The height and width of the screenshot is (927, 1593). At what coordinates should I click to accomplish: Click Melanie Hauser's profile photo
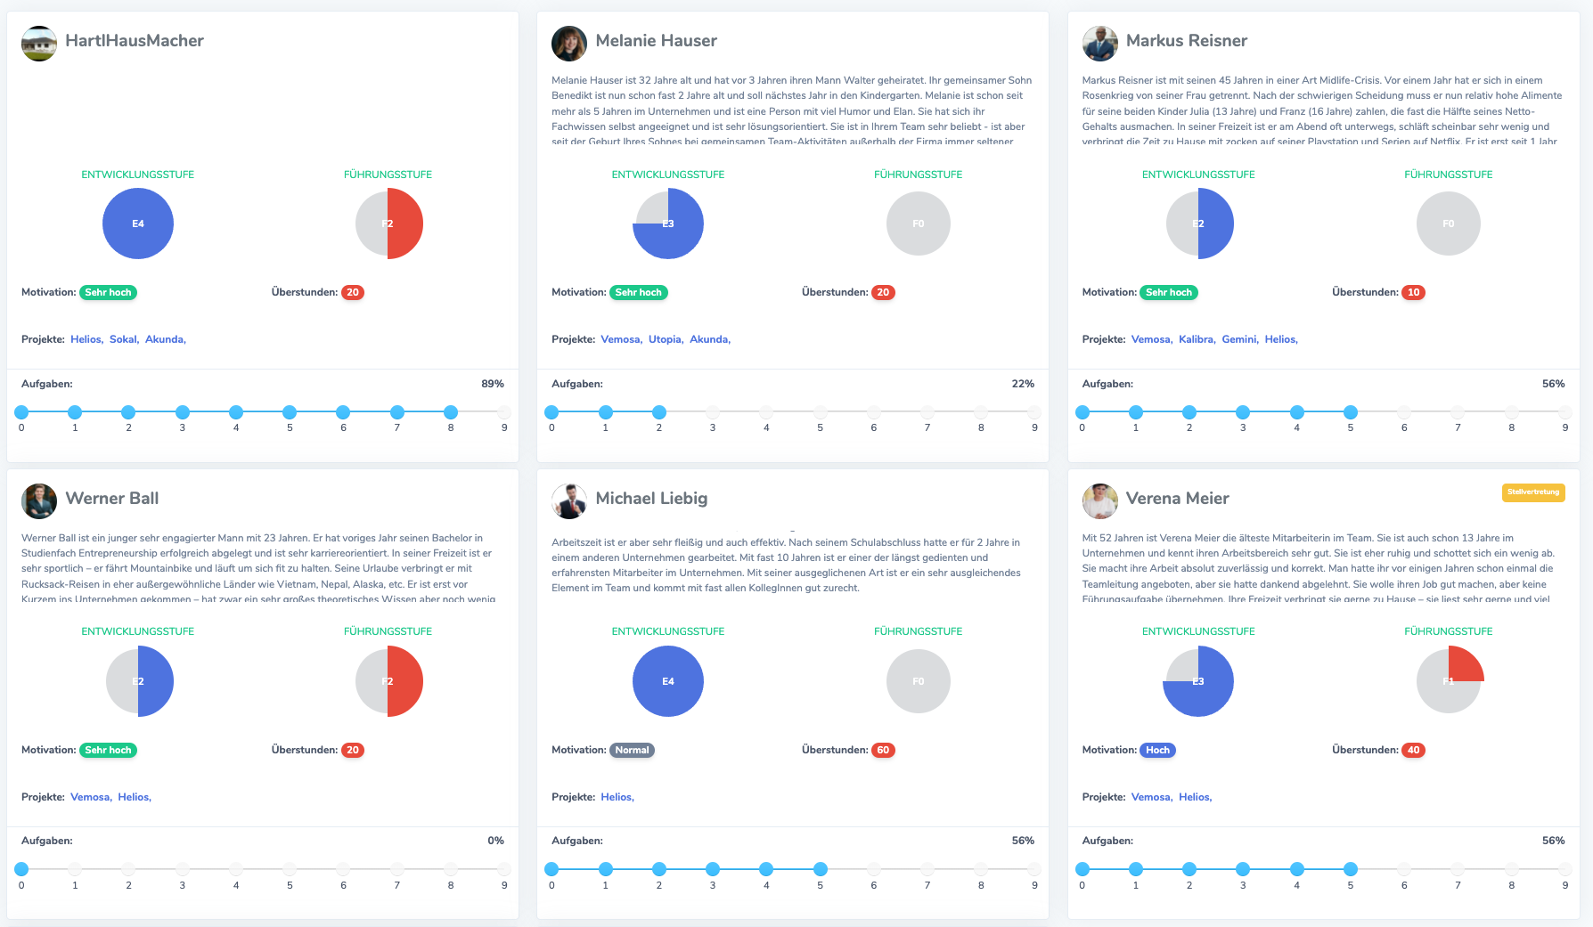pyautogui.click(x=569, y=43)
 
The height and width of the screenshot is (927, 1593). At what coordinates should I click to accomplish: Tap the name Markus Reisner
pyautogui.click(x=1186, y=41)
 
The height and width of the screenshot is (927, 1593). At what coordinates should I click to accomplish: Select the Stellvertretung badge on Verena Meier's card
pyautogui.click(x=1532, y=492)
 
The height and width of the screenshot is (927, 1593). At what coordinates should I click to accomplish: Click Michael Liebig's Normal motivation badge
pyautogui.click(x=632, y=750)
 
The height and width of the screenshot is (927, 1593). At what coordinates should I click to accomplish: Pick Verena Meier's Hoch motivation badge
pyautogui.click(x=1157, y=750)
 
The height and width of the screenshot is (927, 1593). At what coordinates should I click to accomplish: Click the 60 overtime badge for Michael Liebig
pyautogui.click(x=883, y=750)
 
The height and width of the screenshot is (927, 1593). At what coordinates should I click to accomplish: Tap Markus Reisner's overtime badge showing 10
pyautogui.click(x=1413, y=292)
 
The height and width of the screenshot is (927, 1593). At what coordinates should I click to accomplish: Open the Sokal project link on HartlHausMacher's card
pyautogui.click(x=124, y=339)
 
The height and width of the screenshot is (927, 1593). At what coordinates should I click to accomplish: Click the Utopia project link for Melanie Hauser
pyautogui.click(x=666, y=339)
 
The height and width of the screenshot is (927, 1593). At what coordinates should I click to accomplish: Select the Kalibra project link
pyautogui.click(x=1197, y=339)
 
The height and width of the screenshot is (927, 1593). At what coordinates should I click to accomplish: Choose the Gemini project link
pyautogui.click(x=1240, y=339)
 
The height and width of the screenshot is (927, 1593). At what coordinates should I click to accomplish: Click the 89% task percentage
pyautogui.click(x=493, y=384)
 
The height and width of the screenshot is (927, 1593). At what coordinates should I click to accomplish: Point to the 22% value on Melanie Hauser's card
pyautogui.click(x=1023, y=384)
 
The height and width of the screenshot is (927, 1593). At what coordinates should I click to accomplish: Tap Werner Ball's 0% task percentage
pyautogui.click(x=495, y=841)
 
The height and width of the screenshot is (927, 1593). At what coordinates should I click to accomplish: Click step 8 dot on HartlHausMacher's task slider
pyautogui.click(x=451, y=412)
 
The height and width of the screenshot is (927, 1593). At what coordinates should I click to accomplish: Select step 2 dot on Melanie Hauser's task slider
pyautogui.click(x=659, y=412)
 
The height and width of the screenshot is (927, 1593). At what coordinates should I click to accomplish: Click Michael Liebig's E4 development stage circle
pyautogui.click(x=668, y=681)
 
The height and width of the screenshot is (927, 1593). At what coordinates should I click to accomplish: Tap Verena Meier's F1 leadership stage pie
pyautogui.click(x=1449, y=681)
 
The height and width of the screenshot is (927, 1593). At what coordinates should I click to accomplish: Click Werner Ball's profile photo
pyautogui.click(x=39, y=501)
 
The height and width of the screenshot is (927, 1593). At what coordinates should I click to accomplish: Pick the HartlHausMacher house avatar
pyautogui.click(x=39, y=44)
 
